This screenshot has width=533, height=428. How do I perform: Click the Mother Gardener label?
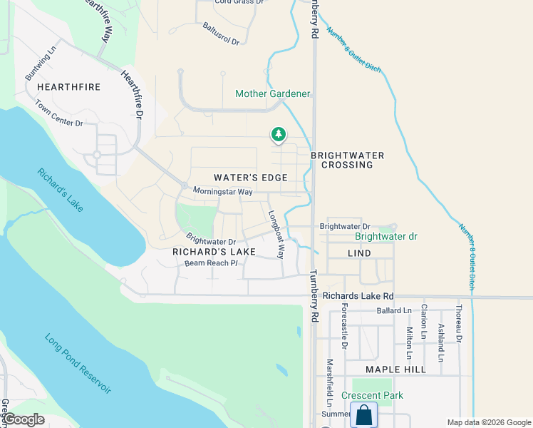273,94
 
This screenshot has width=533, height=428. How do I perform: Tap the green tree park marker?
278,134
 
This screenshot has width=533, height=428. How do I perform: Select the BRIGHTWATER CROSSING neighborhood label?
347,160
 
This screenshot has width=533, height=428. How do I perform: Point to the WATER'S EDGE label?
251,177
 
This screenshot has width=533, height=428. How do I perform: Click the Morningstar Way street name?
223,192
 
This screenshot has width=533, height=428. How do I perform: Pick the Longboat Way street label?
276,235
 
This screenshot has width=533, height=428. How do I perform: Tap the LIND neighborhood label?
360,253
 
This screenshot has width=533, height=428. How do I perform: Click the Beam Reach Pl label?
211,263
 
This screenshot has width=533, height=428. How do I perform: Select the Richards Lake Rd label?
358,295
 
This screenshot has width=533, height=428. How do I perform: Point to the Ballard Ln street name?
394,311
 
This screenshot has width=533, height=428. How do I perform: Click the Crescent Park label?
372,395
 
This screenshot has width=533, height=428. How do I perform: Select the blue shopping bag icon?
363,415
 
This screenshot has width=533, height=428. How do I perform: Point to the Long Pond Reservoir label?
78,363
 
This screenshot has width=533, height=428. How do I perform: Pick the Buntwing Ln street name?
39,64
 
